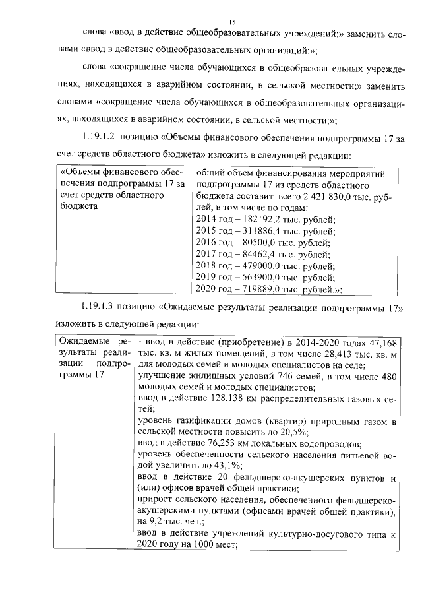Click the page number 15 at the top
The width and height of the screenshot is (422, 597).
coord(211,22)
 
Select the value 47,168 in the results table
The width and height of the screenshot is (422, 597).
coord(383,343)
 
